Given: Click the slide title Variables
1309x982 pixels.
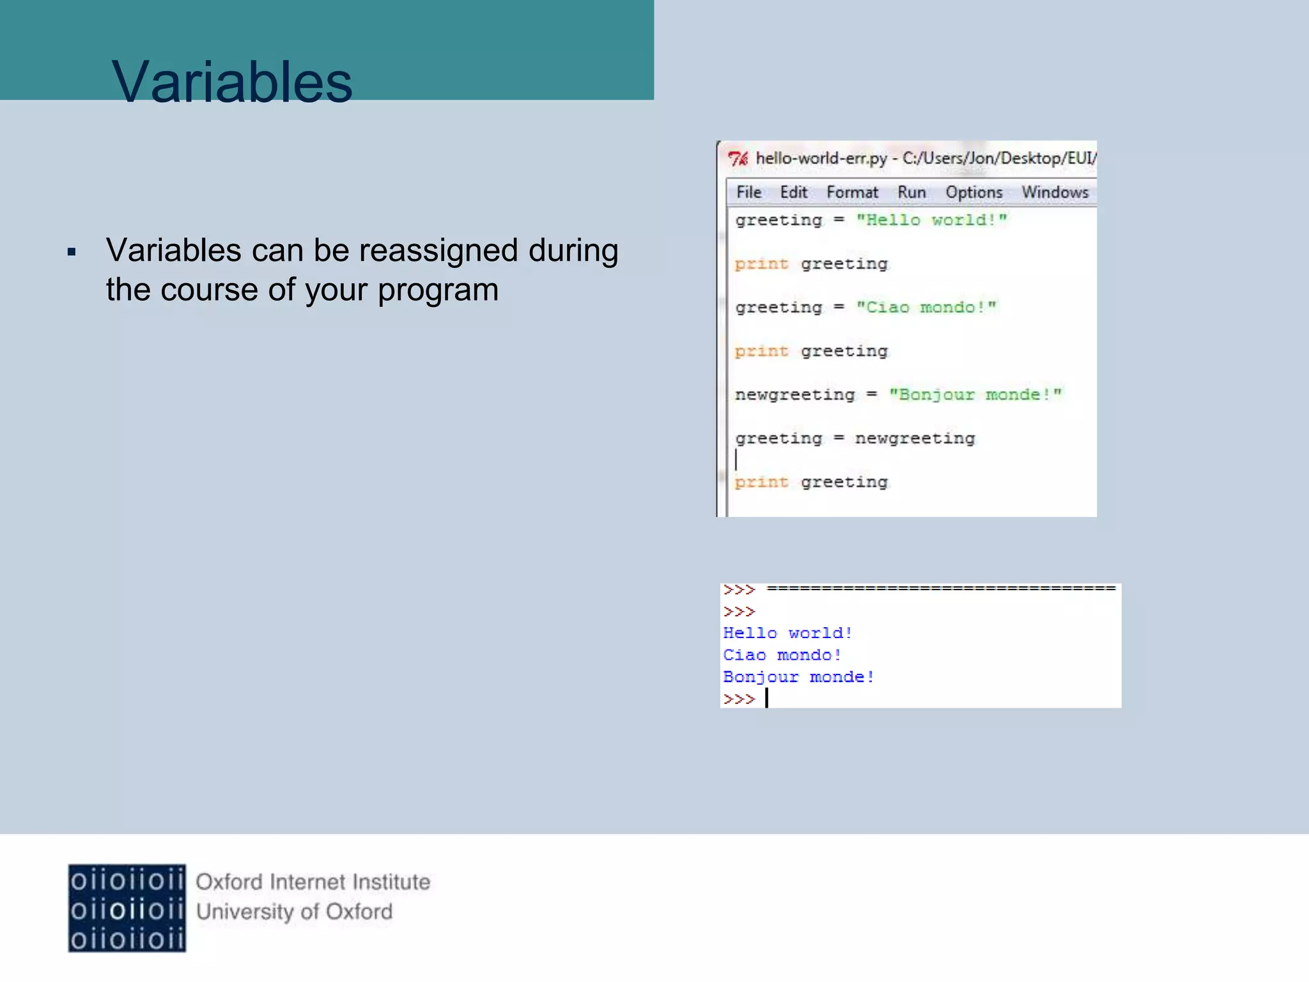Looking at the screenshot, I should coord(231,82).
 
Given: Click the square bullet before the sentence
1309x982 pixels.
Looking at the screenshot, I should coord(72,253).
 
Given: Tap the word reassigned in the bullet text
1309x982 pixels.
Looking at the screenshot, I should coord(438,251).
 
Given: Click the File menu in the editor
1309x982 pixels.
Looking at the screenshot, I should coord(748,192).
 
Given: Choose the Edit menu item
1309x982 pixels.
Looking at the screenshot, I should coord(793,192).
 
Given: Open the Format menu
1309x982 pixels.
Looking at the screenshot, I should coord(852,192).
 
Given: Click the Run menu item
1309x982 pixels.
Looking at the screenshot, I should coord(911,192).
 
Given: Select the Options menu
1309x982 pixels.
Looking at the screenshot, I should coord(974,192).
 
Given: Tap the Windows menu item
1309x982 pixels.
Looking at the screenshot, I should coord(1055,192).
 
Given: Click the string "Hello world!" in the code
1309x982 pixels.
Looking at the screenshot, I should coord(931,221).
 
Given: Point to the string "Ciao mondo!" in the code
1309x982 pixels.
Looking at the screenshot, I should coord(926,308).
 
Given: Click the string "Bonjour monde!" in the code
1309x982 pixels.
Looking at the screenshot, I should coord(975,395).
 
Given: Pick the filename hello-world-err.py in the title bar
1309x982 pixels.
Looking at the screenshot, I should coord(821,159).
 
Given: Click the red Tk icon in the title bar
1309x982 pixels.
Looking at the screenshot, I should coord(738,159).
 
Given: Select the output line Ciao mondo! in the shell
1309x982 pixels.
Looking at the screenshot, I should coord(782,655).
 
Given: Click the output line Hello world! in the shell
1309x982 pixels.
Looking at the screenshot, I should coord(787,634).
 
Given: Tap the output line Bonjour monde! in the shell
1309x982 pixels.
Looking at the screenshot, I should coord(798,677).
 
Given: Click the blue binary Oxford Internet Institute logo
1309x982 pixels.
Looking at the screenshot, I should coord(127,908).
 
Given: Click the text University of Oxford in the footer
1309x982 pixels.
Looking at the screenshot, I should coord(294,912).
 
